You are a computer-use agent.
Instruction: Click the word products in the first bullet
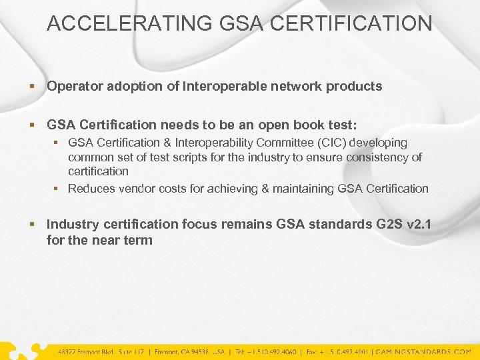354,86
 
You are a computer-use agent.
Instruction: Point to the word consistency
377,157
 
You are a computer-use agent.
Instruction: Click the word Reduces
92,189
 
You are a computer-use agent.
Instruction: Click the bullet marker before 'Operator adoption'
33,87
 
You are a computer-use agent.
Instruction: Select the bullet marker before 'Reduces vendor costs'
57,189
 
